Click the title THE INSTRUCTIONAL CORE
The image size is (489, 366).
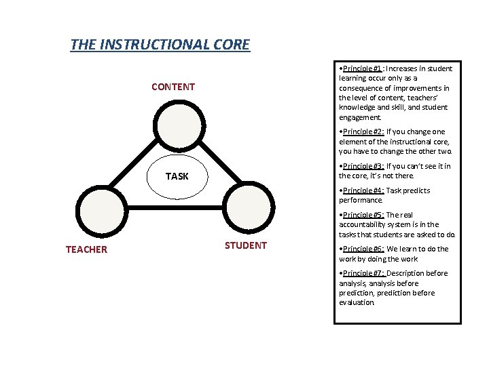160,45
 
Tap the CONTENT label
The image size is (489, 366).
173,87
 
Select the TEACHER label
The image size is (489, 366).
86,249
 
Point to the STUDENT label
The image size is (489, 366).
246,245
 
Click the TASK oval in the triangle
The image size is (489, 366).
177,176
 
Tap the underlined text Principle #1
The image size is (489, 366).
362,68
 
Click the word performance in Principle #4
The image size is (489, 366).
361,201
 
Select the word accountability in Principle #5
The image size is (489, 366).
364,224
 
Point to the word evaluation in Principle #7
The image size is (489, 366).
357,302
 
